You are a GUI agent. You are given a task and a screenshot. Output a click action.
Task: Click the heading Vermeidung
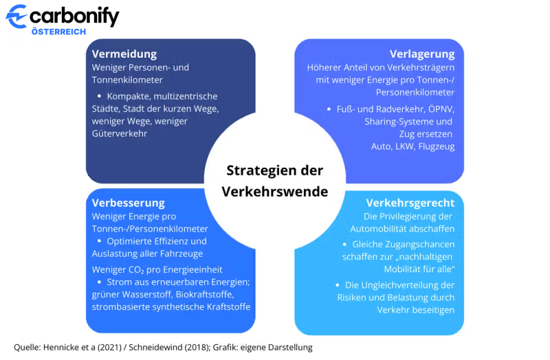click(x=124, y=54)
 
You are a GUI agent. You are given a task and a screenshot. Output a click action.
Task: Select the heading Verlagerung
click(x=422, y=54)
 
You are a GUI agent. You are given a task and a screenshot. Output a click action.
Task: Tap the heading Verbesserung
click(x=129, y=203)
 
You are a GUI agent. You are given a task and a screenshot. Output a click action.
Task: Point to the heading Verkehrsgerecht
click(x=410, y=203)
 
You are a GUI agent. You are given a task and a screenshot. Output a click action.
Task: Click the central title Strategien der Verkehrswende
click(x=275, y=181)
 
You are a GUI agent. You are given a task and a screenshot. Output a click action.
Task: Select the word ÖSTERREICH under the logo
click(x=58, y=32)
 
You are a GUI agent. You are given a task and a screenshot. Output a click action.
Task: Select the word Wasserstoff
click(x=138, y=295)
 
